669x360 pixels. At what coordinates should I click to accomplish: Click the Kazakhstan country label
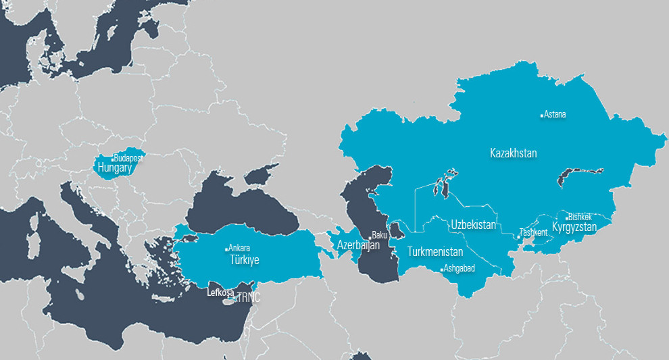pos(513,153)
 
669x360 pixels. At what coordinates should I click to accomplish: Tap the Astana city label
pos(555,114)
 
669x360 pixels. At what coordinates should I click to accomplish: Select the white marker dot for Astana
pos(542,115)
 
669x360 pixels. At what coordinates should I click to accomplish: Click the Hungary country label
pos(114,167)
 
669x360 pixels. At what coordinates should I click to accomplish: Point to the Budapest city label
pos(129,157)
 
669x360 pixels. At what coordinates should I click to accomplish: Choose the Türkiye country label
pos(245,259)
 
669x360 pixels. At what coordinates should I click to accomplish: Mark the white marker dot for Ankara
pos(227,249)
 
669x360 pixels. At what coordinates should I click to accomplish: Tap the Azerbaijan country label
pos(359,246)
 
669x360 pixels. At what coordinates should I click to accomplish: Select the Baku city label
pos(379,235)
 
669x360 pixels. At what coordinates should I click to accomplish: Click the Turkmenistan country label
pos(435,252)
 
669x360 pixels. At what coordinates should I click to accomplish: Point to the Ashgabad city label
pos(460,269)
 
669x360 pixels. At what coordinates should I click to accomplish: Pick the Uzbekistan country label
pos(474,224)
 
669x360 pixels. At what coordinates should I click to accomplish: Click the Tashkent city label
pos(533,232)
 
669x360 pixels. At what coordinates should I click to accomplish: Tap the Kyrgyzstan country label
pos(574,227)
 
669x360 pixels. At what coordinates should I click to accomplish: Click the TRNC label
pos(247,297)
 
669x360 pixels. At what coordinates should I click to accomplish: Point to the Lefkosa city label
pos(221,292)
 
